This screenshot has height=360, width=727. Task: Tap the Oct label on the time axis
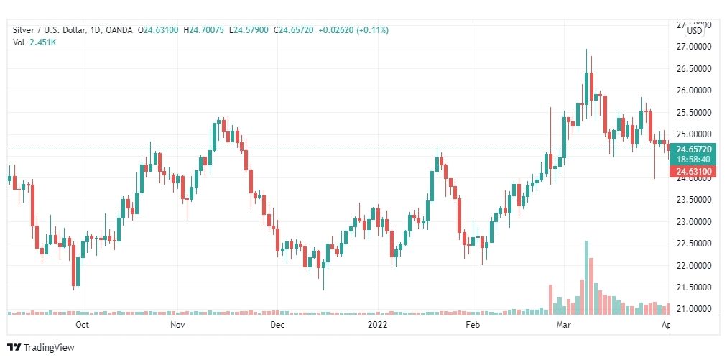[82, 325]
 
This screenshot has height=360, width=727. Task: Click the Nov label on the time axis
[178, 325]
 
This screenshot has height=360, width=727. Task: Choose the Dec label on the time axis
[277, 325]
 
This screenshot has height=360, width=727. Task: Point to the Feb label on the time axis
[472, 325]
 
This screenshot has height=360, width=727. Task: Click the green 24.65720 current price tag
[693, 149]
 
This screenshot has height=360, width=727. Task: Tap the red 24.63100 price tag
[693, 171]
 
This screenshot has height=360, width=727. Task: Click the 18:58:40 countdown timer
[693, 159]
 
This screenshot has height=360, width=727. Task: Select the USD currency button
[694, 31]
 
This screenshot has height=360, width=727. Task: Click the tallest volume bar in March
[586, 277]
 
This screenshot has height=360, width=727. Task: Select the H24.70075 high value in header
[204, 29]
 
